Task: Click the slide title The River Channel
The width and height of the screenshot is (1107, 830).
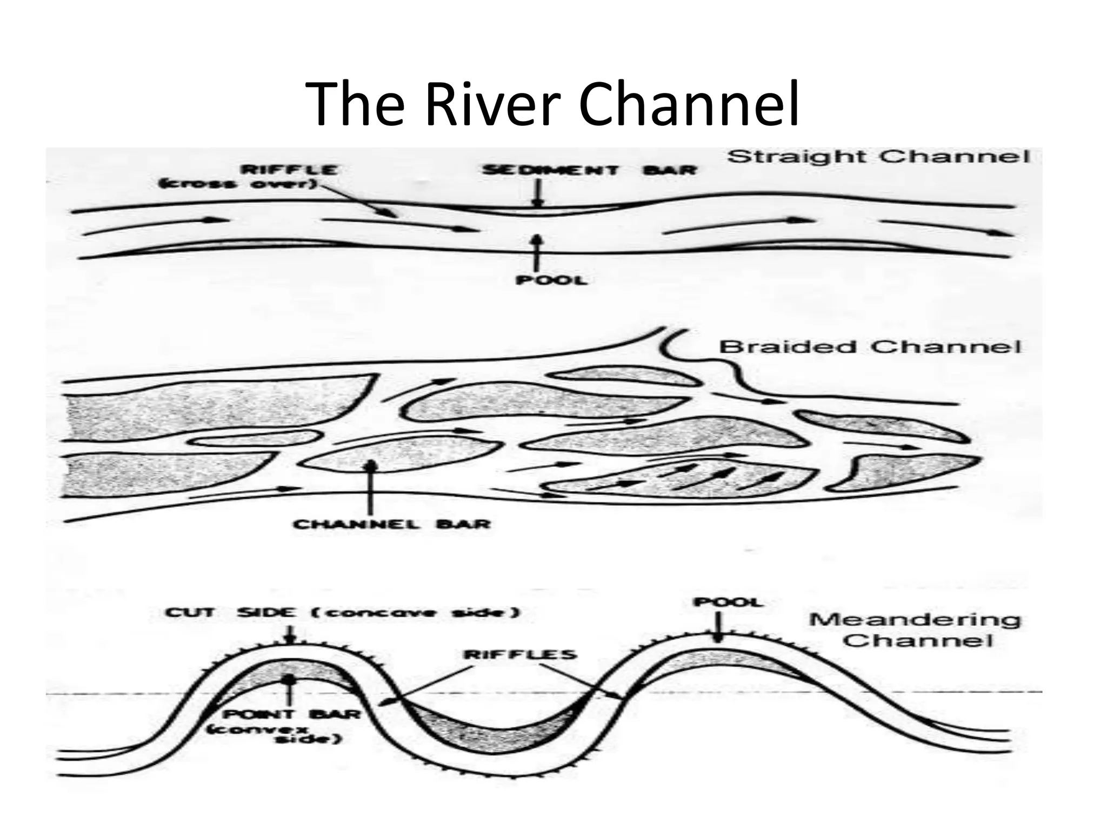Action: coord(552,104)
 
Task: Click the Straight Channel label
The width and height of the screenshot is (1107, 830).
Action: coord(878,157)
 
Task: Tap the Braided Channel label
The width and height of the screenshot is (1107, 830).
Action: coord(870,346)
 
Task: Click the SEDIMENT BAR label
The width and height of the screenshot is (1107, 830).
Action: coord(589,170)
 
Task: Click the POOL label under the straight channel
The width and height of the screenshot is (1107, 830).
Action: coord(551,280)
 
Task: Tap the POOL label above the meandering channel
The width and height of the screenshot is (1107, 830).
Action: coord(728,602)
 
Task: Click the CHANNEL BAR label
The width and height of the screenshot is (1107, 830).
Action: coord(392,524)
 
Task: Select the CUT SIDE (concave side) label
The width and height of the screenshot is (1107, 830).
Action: coord(342,612)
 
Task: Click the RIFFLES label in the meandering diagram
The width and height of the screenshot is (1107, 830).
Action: coord(521,654)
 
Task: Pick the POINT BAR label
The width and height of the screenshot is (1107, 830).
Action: coord(292,714)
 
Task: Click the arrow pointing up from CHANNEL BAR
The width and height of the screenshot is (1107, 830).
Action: coord(371,486)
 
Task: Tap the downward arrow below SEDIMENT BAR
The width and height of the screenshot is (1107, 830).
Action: coord(536,193)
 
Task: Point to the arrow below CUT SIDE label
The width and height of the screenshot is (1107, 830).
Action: coord(290,634)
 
